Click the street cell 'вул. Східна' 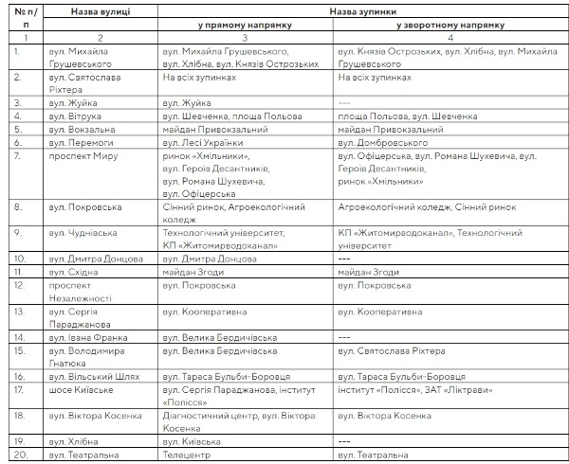[x=76, y=271]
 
